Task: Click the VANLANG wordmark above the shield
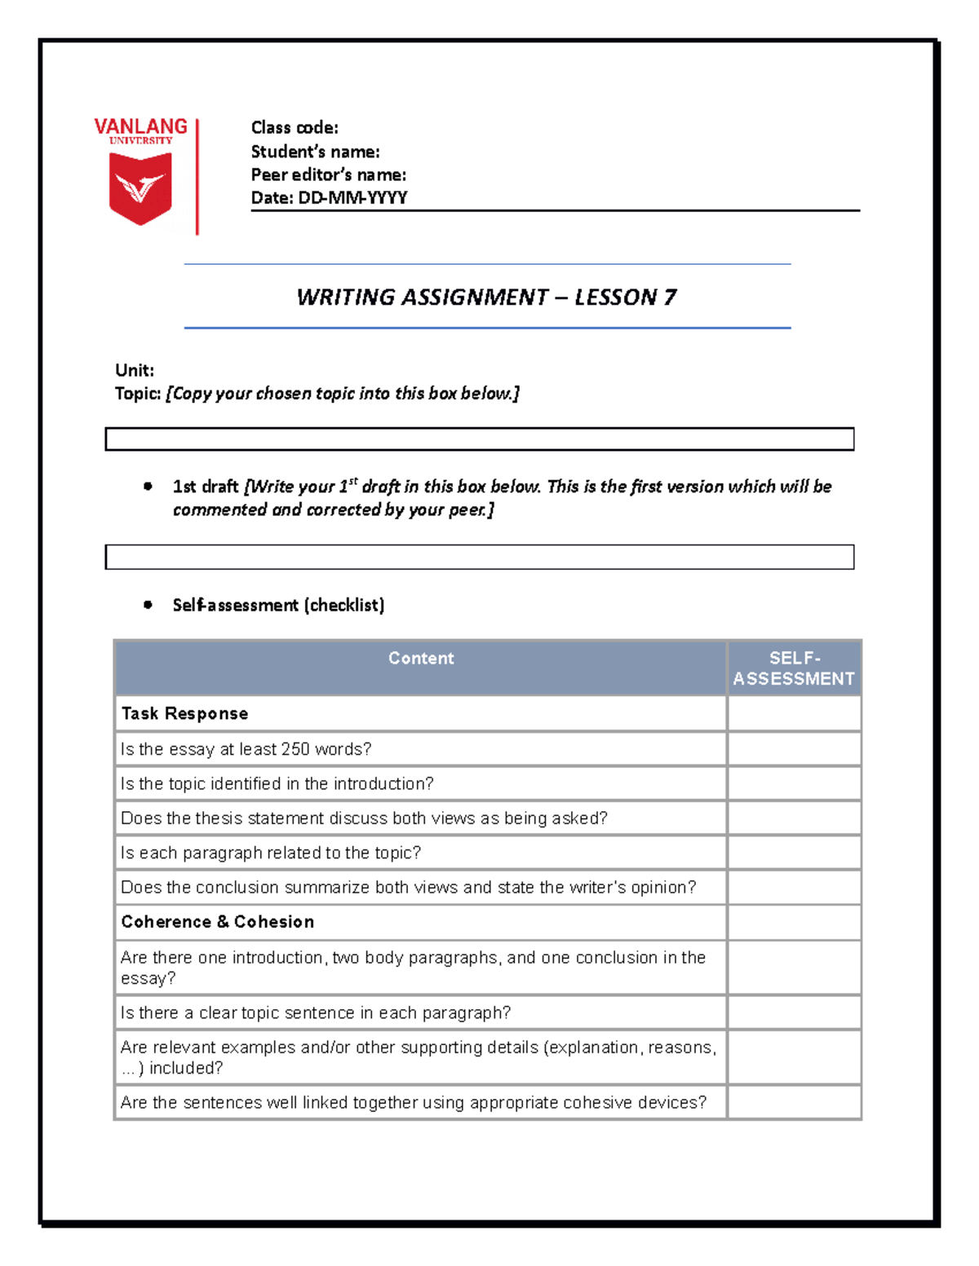coord(140,126)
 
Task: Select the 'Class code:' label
coord(294,128)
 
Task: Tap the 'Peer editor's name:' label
coord(328,174)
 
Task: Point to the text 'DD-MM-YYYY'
coord(352,197)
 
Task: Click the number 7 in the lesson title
coord(670,297)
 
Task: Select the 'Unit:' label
coord(134,370)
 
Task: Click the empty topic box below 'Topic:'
coord(479,439)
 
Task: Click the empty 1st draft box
coord(479,557)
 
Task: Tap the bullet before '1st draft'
coord(148,487)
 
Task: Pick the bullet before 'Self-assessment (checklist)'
coord(148,605)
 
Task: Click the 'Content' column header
coord(420,659)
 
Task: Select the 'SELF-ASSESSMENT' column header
coord(793,668)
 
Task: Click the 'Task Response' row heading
coord(184,713)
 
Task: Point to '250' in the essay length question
coord(295,749)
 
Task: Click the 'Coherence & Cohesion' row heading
coord(217,922)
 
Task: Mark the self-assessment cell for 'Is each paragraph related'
coord(793,853)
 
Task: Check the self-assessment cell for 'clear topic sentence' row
coord(793,1012)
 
